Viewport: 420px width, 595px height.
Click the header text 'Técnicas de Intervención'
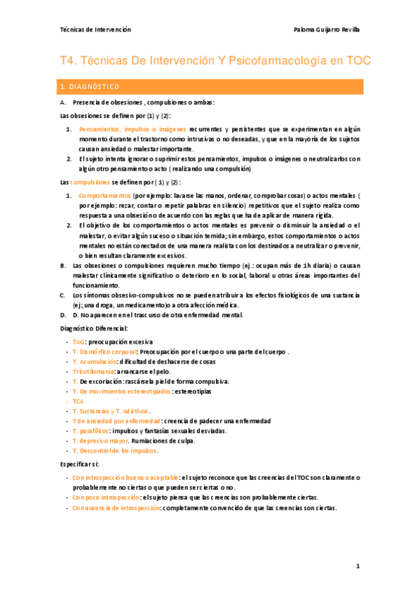coord(95,29)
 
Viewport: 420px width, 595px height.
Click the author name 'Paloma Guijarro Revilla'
coord(327,29)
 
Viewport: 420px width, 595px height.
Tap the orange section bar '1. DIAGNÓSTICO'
coord(210,87)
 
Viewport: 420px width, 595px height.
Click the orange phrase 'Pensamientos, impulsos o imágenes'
coord(132,130)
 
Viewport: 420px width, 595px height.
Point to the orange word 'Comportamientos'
coord(104,195)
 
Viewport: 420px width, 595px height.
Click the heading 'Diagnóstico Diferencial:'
coord(94,328)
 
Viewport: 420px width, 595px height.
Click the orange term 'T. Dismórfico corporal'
coord(104,352)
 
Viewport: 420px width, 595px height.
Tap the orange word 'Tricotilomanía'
coord(95,371)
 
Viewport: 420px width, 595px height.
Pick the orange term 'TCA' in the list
coord(79,401)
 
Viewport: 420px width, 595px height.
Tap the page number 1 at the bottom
coord(357,566)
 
